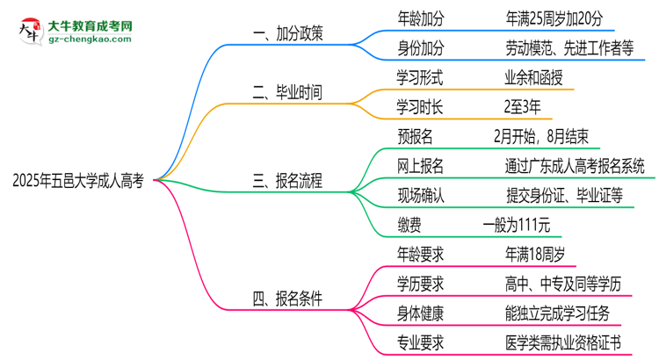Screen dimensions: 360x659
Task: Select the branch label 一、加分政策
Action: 287,33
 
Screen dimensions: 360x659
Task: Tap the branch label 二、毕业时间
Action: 287,92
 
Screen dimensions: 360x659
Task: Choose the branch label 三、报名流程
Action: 287,182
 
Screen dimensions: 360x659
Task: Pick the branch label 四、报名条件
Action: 287,299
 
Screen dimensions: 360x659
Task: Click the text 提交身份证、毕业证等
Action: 553,196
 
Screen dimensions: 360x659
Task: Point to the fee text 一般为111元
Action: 518,226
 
